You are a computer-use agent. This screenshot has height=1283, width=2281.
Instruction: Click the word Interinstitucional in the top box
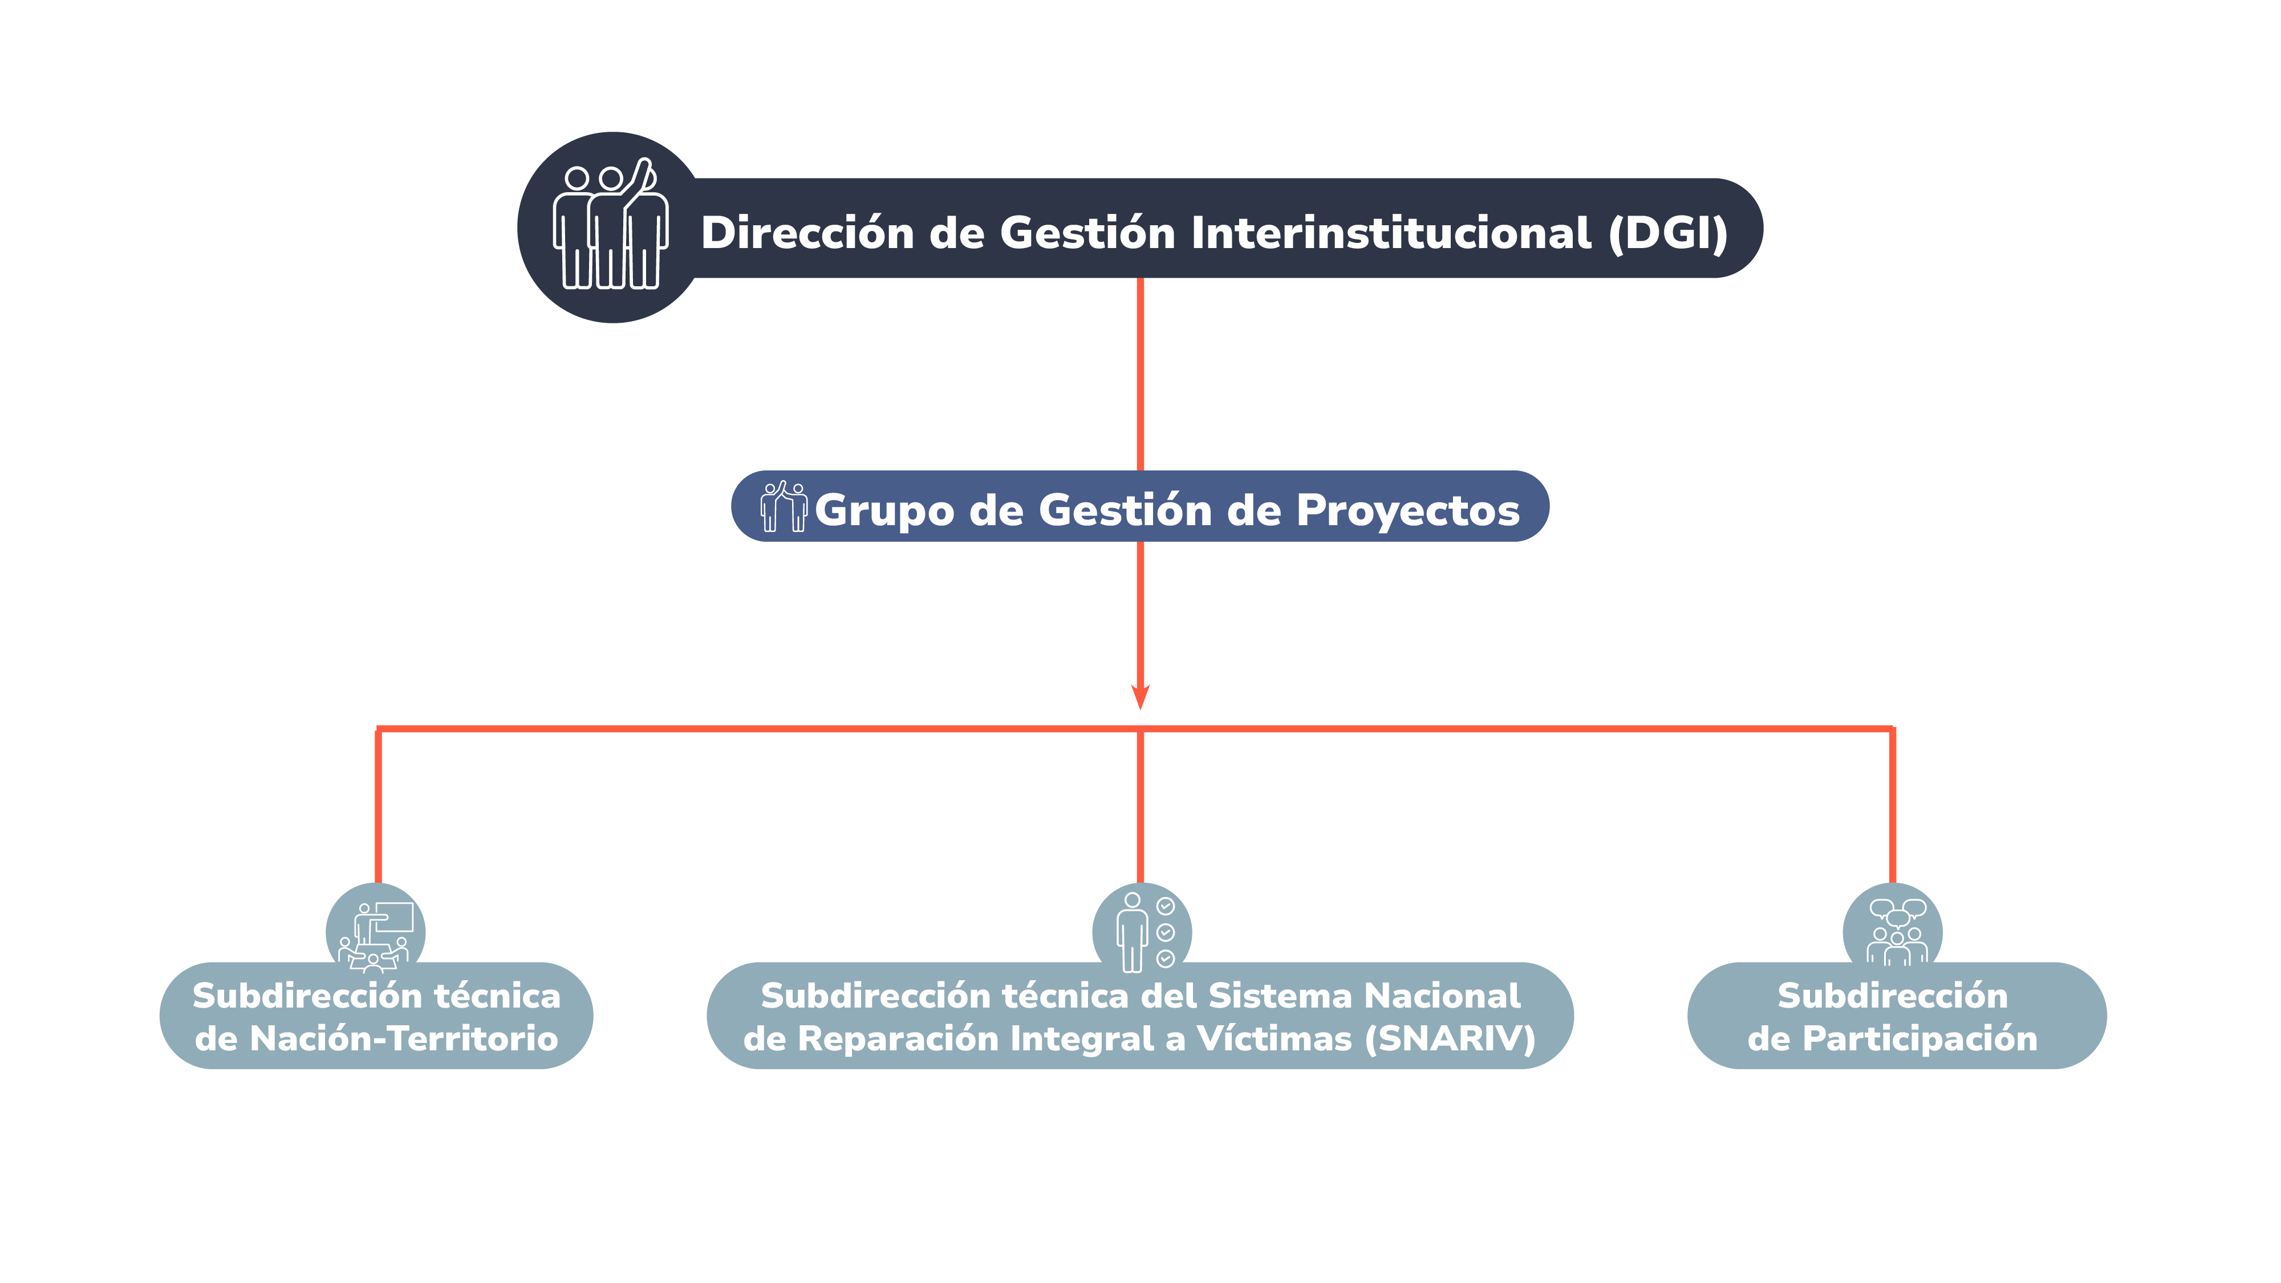1391,233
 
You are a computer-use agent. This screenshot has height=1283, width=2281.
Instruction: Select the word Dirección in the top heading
807,233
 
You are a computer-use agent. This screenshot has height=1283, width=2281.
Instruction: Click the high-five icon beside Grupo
784,506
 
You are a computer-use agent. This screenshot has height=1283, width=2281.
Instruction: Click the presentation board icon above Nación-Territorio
375,937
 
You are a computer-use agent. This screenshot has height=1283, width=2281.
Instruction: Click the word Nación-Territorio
404,1038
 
